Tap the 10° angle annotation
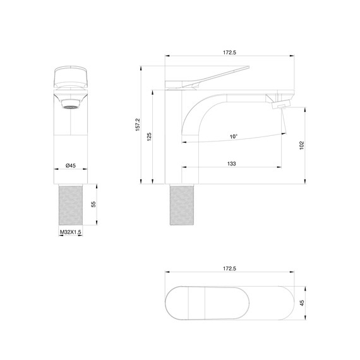point(234,136)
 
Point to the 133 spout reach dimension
point(231,164)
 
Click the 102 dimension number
point(303,145)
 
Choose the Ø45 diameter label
point(70,165)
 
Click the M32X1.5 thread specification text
point(71,232)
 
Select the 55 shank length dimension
point(93,205)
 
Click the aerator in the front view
point(70,104)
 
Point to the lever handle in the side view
point(215,75)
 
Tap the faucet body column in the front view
point(70,136)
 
